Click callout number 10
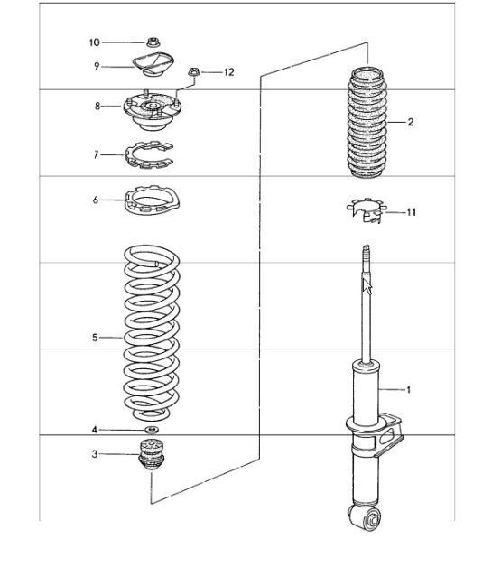click(x=94, y=42)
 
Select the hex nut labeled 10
click(x=151, y=42)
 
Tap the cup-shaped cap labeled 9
click(x=151, y=65)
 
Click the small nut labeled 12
click(x=192, y=72)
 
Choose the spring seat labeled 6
click(x=151, y=199)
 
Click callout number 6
click(x=96, y=200)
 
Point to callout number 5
click(x=95, y=338)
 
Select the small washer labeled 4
click(x=152, y=429)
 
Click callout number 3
click(x=96, y=455)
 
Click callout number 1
click(x=408, y=390)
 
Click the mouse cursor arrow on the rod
click(x=367, y=285)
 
